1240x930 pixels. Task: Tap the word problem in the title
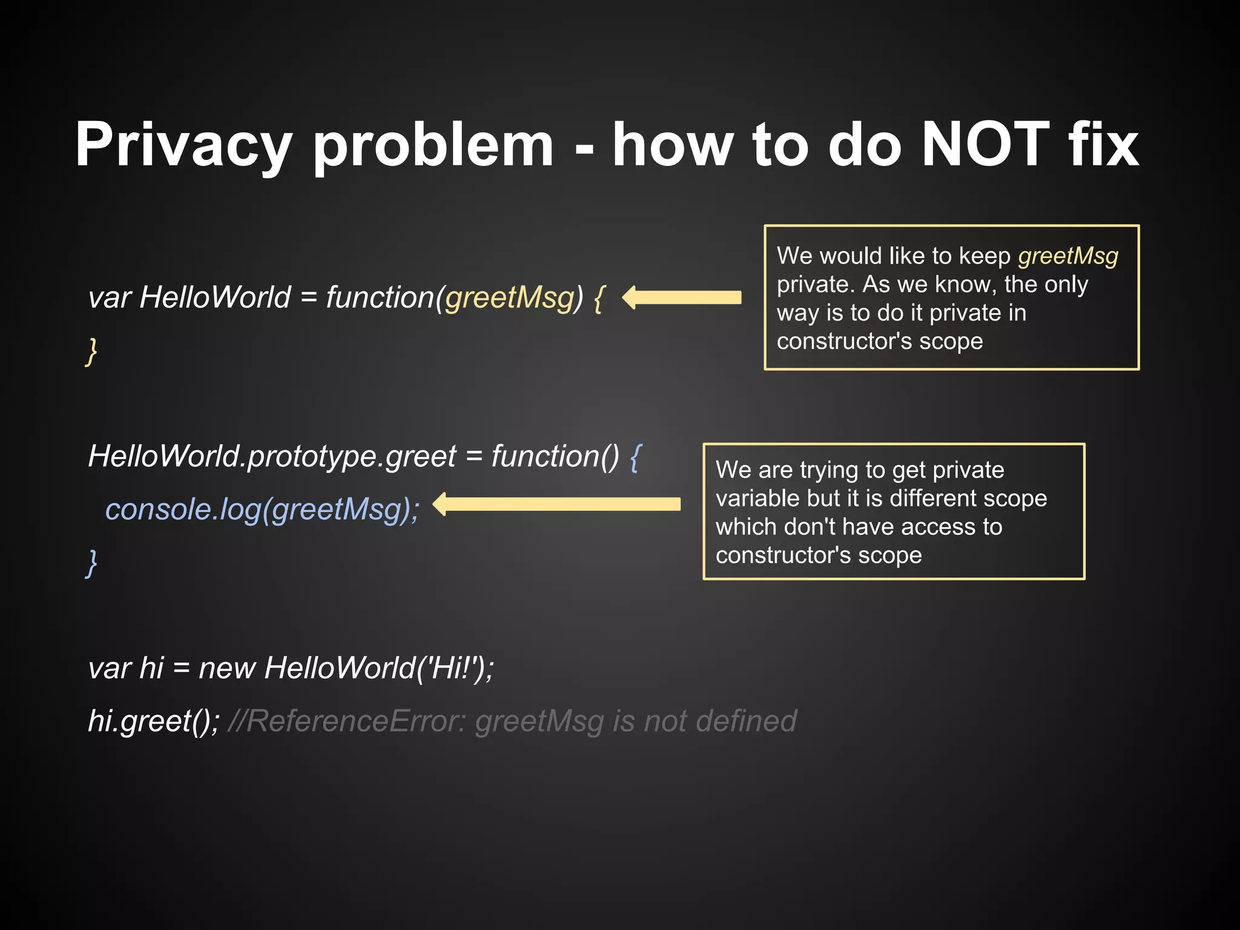click(x=434, y=145)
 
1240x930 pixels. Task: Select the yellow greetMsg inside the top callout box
click(x=1068, y=256)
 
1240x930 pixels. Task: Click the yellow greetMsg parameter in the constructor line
click(x=510, y=298)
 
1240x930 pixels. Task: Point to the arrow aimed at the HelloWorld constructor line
click(x=682, y=297)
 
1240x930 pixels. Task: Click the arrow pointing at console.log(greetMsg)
click(x=557, y=504)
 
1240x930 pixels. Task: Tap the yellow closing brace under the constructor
click(x=91, y=352)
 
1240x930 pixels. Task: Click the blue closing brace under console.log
click(x=91, y=563)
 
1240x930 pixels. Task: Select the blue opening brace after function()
click(x=635, y=457)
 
